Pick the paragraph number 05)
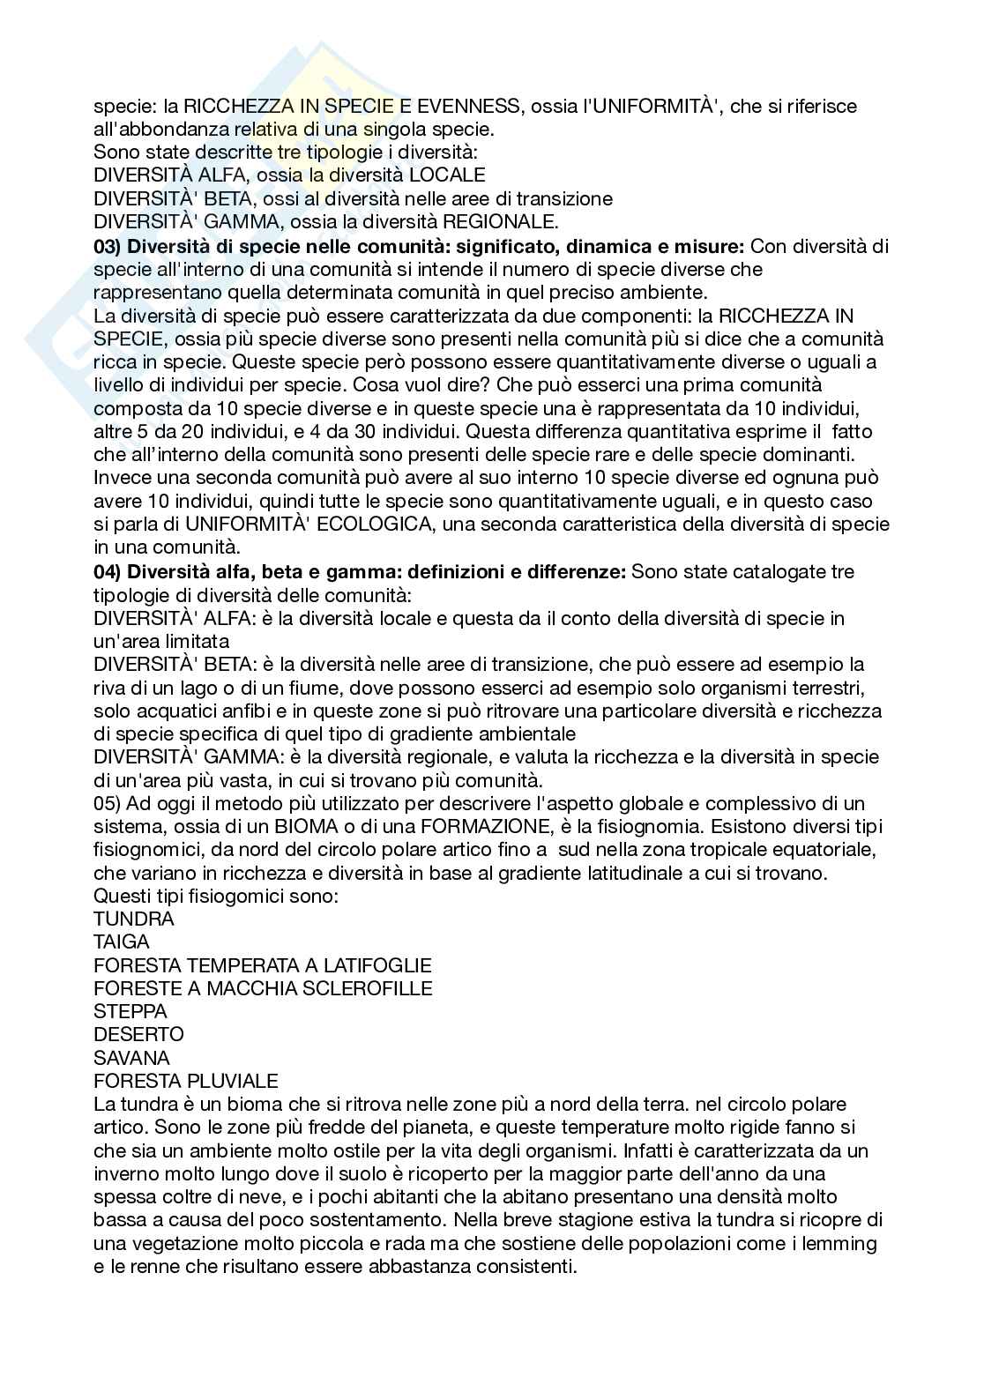[110, 804]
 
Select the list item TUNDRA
[134, 919]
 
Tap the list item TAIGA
[122, 942]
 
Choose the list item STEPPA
[130, 1012]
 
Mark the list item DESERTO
[138, 1035]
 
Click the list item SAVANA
[131, 1058]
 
